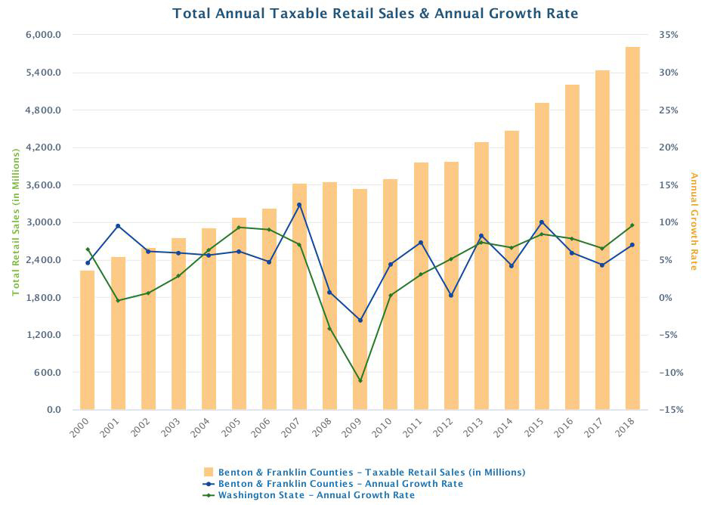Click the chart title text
tap(375, 14)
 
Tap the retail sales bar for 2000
tap(88, 340)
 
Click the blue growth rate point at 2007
tap(299, 205)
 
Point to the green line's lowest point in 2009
tap(360, 381)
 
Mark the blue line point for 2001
tap(118, 226)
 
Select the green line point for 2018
tap(632, 225)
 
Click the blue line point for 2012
tap(450, 296)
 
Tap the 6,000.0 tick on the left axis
tap(45, 35)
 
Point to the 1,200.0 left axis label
tap(45, 335)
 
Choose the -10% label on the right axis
tap(672, 373)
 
